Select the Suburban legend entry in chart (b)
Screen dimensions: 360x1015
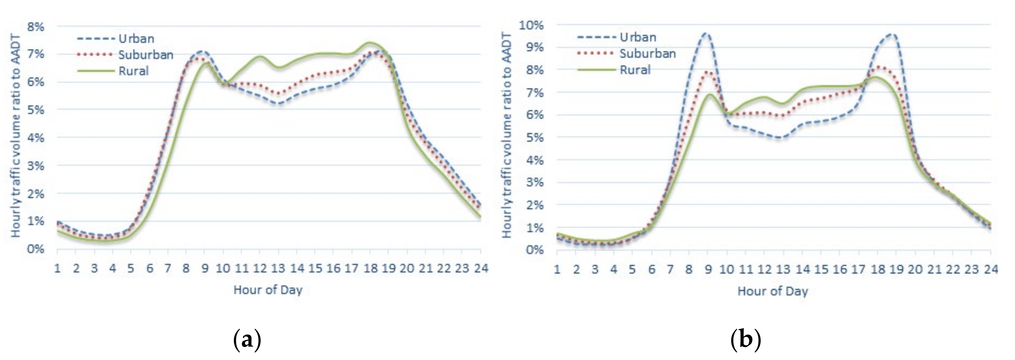tap(647, 54)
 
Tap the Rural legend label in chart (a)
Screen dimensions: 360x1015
tap(133, 71)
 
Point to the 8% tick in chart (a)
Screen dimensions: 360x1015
tap(35, 27)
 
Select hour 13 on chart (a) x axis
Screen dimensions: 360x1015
tap(278, 269)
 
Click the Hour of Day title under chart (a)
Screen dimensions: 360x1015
tap(268, 290)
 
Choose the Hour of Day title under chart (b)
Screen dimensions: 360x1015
tap(773, 291)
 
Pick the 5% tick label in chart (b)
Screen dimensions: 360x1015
tap(534, 138)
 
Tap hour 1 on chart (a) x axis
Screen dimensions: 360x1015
tap(57, 269)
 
